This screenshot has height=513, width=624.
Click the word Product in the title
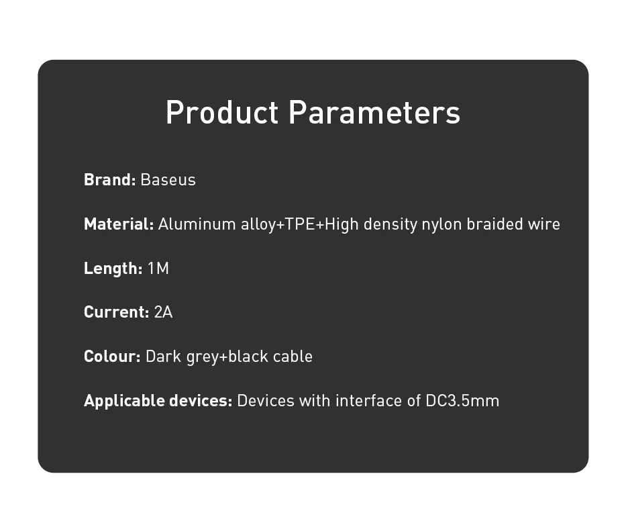(222, 112)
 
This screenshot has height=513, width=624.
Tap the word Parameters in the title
(374, 112)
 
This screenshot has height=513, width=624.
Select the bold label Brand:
(110, 180)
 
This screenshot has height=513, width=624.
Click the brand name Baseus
(168, 180)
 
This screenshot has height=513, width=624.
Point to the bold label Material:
(119, 224)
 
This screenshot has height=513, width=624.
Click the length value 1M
(158, 268)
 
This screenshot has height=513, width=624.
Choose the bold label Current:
(117, 312)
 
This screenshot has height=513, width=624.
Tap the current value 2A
(163, 312)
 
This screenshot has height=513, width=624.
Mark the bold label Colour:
(112, 356)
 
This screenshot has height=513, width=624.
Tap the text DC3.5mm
(462, 400)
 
